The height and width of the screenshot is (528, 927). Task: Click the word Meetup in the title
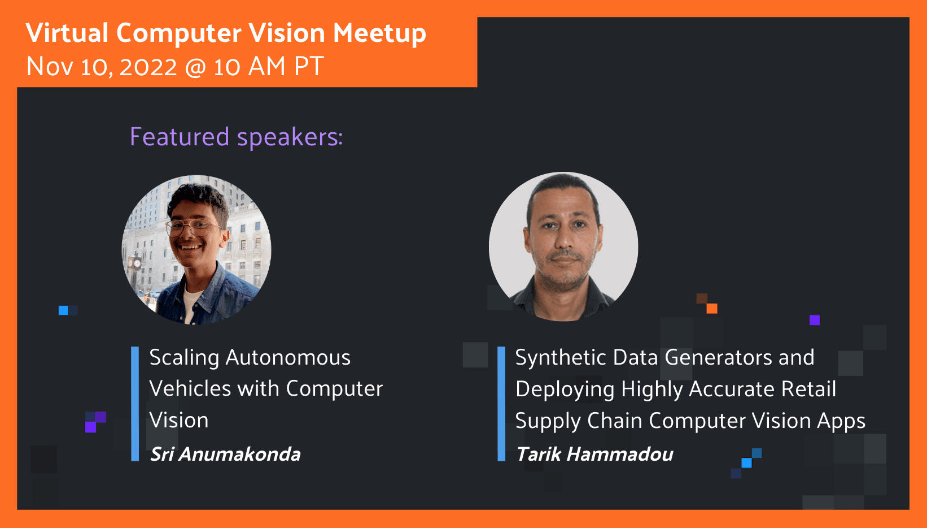[379, 33]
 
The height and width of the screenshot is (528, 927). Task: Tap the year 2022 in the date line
[148, 66]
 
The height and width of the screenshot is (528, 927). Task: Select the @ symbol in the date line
[195, 67]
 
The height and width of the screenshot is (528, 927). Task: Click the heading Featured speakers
[237, 136]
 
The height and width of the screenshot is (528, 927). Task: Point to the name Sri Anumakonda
[225, 455]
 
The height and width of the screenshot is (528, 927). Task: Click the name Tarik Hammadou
[594, 455]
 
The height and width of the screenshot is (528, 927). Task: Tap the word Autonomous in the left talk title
[287, 357]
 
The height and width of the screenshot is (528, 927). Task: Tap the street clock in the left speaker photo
[135, 263]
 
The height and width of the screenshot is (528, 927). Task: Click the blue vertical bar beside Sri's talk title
[135, 404]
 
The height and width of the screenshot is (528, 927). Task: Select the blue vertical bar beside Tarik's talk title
[501, 404]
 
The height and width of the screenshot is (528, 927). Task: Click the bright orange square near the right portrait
[712, 308]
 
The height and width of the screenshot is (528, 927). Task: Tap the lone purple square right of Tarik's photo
[815, 320]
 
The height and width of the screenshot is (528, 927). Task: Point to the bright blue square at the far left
[63, 310]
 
